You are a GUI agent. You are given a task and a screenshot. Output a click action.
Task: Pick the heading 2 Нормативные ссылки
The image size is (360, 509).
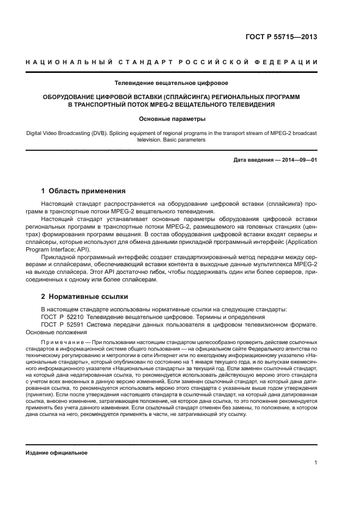click(84, 297)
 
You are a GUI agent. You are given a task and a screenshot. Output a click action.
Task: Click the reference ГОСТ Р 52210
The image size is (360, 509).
click(63, 317)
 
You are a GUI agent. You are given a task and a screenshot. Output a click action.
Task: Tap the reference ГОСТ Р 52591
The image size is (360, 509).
click(63, 325)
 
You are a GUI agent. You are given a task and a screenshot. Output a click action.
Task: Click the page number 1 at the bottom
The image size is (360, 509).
click(316, 463)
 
